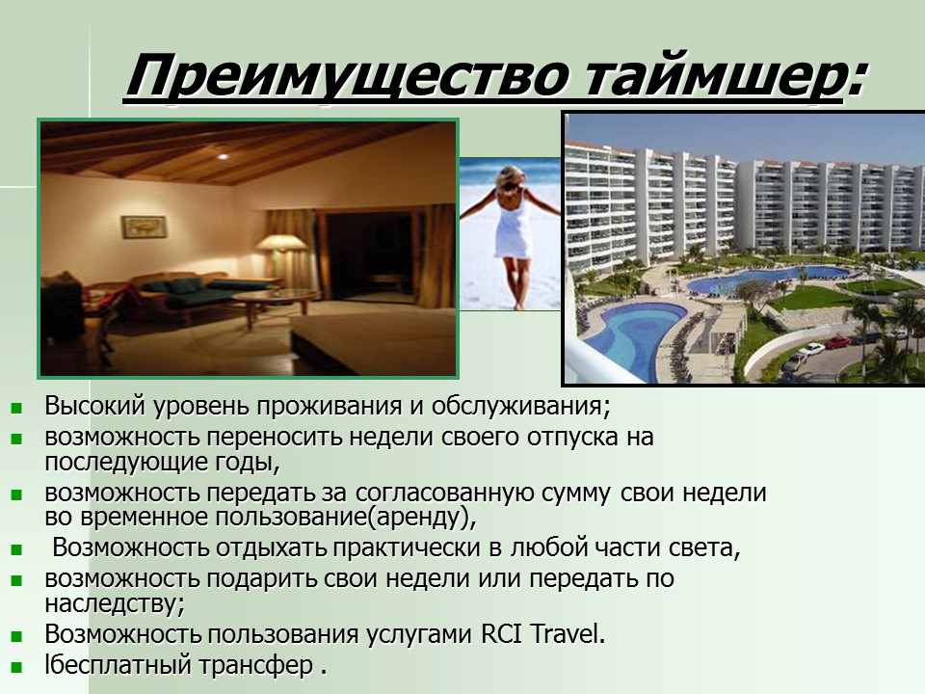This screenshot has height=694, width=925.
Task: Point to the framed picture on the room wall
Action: click(x=144, y=227)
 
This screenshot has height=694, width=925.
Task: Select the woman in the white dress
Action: click(x=512, y=231)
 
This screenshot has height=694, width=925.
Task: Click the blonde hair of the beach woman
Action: click(x=511, y=178)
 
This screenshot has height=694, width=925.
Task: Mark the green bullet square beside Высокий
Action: click(x=16, y=407)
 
